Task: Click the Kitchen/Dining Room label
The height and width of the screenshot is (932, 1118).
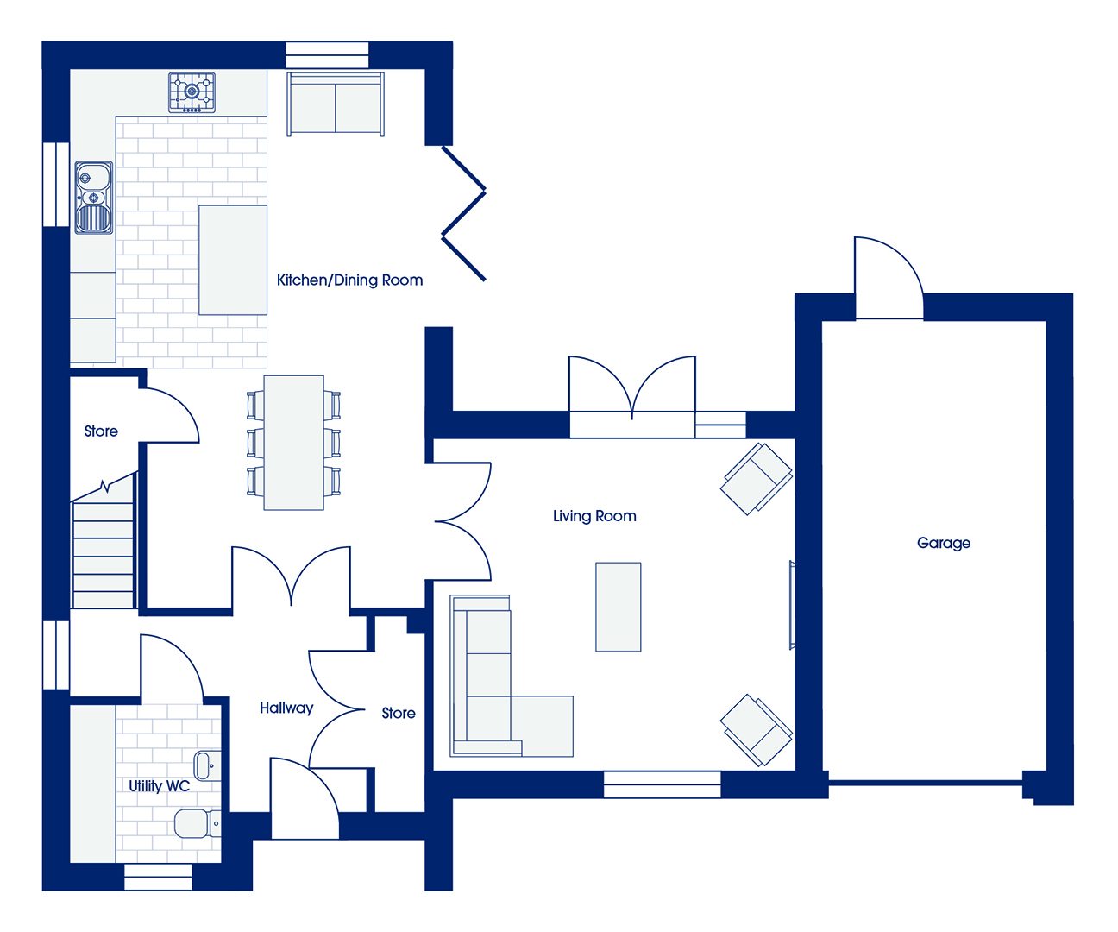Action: pyautogui.click(x=349, y=280)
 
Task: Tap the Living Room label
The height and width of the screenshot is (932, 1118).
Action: pyautogui.click(x=594, y=516)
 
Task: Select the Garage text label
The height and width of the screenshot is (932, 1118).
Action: pyautogui.click(x=944, y=543)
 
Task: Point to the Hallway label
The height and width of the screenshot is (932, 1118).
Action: pyautogui.click(x=286, y=708)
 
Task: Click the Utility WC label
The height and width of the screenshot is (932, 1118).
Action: pyautogui.click(x=159, y=786)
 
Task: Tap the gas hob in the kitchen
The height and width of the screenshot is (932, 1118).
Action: pyautogui.click(x=192, y=92)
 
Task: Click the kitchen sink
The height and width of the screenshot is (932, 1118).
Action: pyautogui.click(x=94, y=198)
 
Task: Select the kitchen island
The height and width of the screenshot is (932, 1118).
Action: pyautogui.click(x=233, y=260)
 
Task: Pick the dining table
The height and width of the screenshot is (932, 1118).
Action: pyautogui.click(x=293, y=443)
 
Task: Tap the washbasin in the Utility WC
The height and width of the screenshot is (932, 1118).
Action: pyautogui.click(x=207, y=766)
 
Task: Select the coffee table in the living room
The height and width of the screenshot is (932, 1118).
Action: pyautogui.click(x=618, y=607)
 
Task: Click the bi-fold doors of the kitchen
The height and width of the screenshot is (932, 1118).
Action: pyautogui.click(x=464, y=213)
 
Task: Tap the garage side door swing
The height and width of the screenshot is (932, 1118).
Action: pyautogui.click(x=889, y=278)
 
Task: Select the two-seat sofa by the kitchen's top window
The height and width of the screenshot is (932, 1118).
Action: pyautogui.click(x=336, y=104)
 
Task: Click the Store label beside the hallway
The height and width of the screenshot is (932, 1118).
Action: pyautogui.click(x=399, y=713)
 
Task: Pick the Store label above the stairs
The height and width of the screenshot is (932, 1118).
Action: pyautogui.click(x=101, y=431)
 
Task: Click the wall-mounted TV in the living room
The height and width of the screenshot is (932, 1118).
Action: pyautogui.click(x=792, y=605)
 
